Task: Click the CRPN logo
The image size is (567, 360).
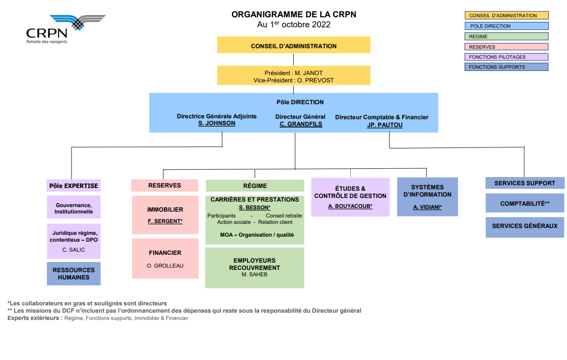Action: click(66, 29)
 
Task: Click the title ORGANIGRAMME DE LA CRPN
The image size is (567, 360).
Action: click(294, 15)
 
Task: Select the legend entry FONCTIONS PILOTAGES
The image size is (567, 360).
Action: click(506, 57)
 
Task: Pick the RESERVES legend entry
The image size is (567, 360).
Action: click(506, 47)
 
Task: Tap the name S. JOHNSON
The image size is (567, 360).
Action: click(217, 123)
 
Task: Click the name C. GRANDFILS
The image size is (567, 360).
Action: click(301, 124)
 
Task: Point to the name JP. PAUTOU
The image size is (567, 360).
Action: click(385, 125)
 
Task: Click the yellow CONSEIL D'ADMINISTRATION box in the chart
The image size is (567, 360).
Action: click(294, 45)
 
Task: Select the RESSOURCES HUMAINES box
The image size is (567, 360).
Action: click(74, 274)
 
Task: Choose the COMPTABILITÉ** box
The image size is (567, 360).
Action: click(525, 203)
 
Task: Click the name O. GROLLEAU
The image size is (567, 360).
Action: click(165, 266)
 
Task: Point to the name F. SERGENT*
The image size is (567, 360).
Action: click(165, 221)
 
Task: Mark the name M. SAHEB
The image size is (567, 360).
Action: click(255, 274)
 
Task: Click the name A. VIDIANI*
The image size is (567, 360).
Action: click(427, 207)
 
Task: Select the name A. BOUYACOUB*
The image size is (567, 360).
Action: click(350, 206)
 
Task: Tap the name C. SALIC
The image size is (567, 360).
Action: click(74, 250)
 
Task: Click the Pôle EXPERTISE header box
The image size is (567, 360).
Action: click(73, 185)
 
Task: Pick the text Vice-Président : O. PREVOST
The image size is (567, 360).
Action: click(294, 81)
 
